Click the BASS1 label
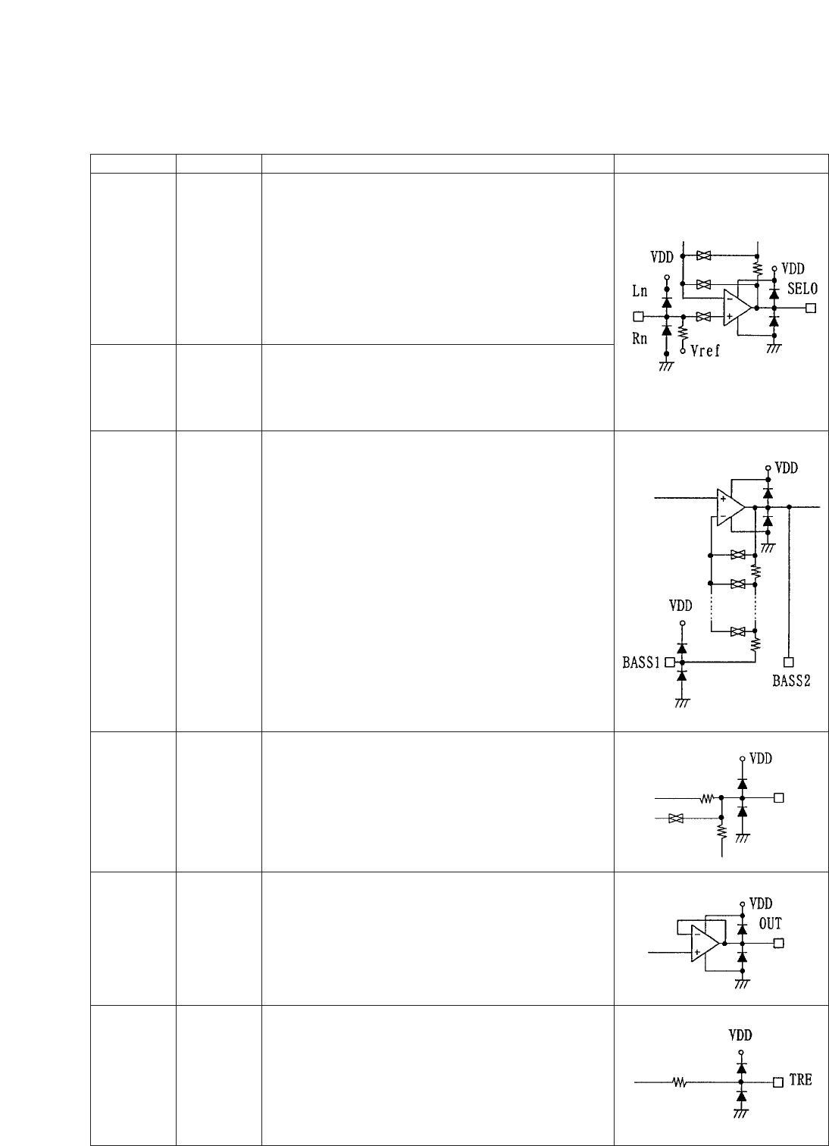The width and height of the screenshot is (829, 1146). pos(637,662)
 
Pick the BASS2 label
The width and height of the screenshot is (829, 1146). pos(791,680)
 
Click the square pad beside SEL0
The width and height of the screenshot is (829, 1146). pos(811,308)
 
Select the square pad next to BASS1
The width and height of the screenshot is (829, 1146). pos(669,662)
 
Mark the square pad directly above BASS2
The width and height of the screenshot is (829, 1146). pos(790,662)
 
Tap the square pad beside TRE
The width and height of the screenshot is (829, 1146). pos(777,1082)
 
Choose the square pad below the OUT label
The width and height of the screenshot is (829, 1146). pos(777,944)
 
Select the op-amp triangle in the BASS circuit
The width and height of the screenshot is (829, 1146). pos(730,506)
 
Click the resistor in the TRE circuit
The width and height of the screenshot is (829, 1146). pos(678,1082)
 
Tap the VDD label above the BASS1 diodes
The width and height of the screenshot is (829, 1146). pos(680,606)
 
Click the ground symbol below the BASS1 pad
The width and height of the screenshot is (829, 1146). pos(681,703)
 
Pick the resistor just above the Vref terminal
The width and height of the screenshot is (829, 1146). pos(683,332)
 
